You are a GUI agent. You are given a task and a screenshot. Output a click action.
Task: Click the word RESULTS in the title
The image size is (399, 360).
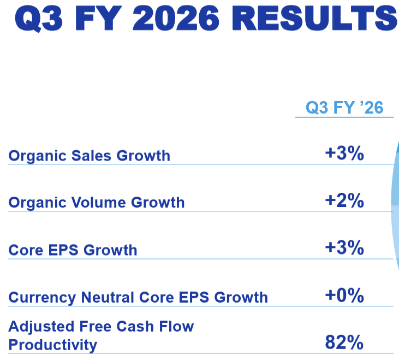(x=317, y=18)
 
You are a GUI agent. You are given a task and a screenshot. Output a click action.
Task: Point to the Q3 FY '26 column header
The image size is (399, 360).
(x=344, y=108)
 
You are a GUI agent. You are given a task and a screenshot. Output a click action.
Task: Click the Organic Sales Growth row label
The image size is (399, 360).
(x=89, y=156)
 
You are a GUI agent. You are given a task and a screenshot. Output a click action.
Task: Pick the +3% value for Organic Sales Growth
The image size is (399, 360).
(x=344, y=154)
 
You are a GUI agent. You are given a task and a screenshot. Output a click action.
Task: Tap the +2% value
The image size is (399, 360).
(x=344, y=201)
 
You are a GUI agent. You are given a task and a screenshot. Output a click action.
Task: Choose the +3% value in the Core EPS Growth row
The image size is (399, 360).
(x=344, y=248)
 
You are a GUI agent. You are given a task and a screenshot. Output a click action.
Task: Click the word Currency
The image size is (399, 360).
(x=43, y=298)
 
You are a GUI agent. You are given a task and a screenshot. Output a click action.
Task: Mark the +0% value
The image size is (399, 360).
(x=344, y=296)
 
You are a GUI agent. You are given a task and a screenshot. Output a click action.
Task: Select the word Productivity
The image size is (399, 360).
(x=52, y=345)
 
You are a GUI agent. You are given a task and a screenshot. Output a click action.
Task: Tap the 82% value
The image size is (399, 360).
(x=344, y=343)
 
